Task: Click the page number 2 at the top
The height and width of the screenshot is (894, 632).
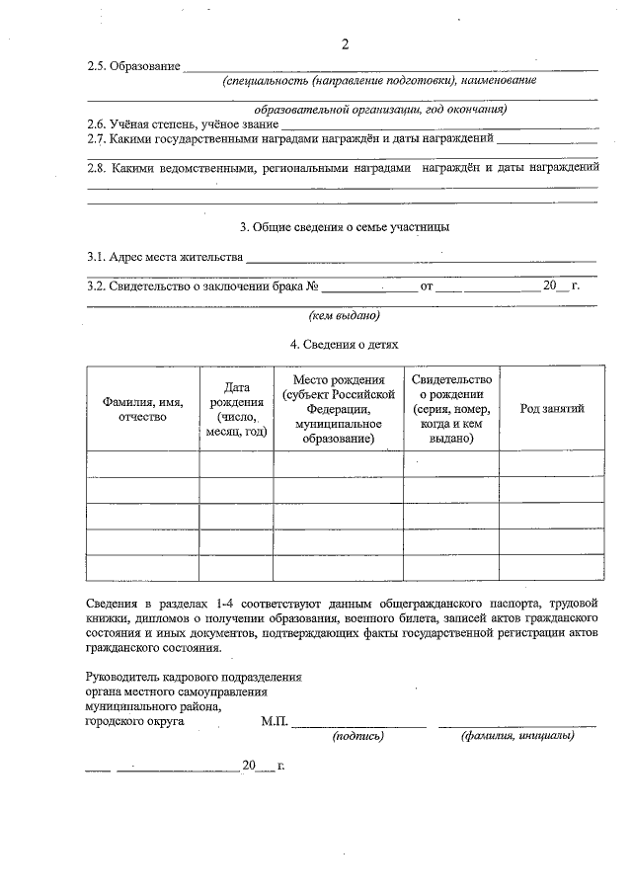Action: [345, 43]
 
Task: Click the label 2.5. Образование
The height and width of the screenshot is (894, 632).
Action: [133, 66]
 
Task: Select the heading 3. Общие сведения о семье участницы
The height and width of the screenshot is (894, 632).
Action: [345, 227]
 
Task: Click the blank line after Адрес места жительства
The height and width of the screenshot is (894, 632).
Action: [421, 259]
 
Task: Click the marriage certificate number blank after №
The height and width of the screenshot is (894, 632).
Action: [369, 287]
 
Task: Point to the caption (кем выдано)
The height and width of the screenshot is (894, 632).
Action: [345, 316]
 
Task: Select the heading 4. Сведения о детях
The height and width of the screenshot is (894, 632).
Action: [345, 345]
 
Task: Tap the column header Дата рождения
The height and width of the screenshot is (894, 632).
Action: [236, 408]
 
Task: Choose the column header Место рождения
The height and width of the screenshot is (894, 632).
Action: [338, 408]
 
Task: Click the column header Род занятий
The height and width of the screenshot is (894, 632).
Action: [552, 408]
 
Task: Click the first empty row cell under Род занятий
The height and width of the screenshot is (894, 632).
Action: [552, 463]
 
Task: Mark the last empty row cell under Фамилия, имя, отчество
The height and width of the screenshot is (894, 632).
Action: [142, 568]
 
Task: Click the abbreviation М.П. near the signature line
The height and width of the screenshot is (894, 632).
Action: [275, 722]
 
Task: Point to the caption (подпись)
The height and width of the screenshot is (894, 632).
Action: [358, 736]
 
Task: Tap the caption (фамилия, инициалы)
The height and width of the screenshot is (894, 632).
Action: [516, 736]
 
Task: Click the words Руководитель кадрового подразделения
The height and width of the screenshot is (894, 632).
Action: [194, 677]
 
